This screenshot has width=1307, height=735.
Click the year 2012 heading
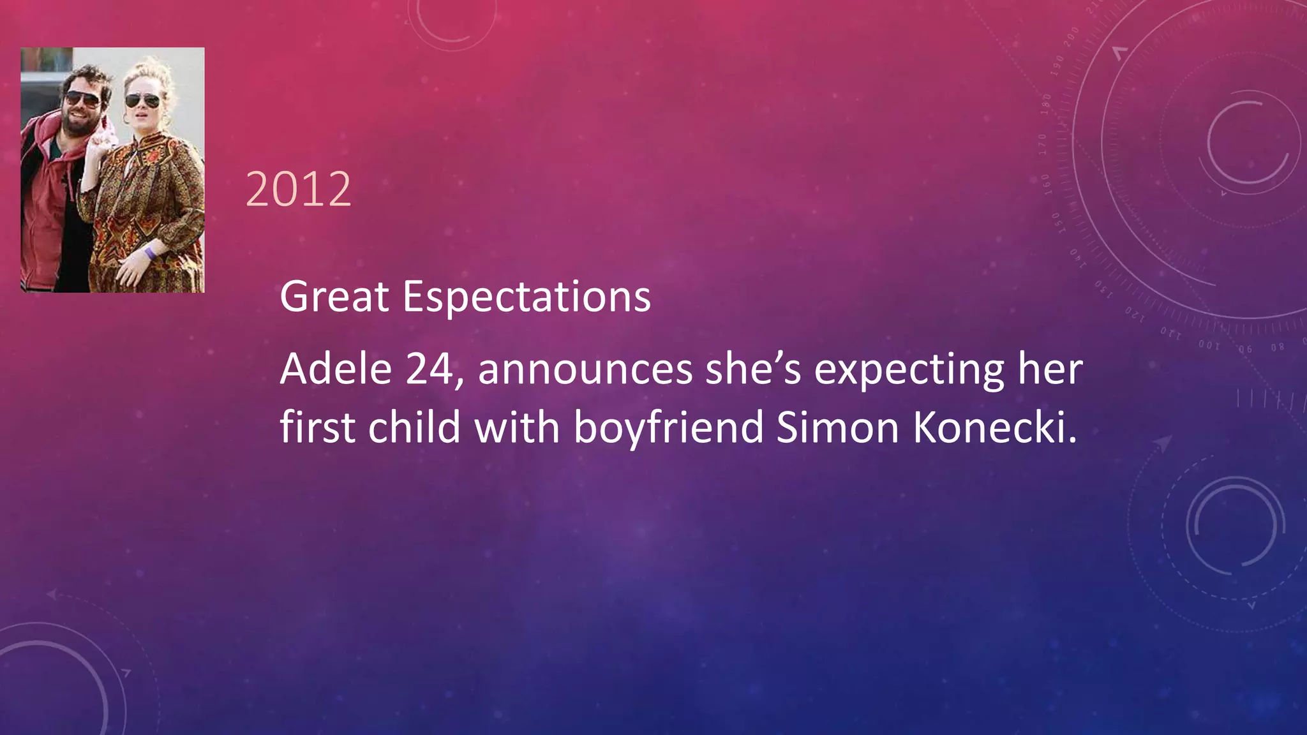pyautogui.click(x=298, y=189)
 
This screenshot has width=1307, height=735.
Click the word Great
pyautogui.click(x=334, y=297)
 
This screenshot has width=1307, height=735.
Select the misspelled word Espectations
pyautogui.click(x=527, y=297)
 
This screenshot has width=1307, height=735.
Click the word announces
pyautogui.click(x=585, y=370)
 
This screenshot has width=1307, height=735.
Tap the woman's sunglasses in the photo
pyautogui.click(x=142, y=100)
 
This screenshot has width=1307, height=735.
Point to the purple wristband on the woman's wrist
pyautogui.click(x=150, y=253)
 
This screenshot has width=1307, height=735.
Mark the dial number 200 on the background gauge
pyautogui.click(x=1072, y=34)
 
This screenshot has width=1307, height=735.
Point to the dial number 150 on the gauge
pyautogui.click(x=1055, y=222)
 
